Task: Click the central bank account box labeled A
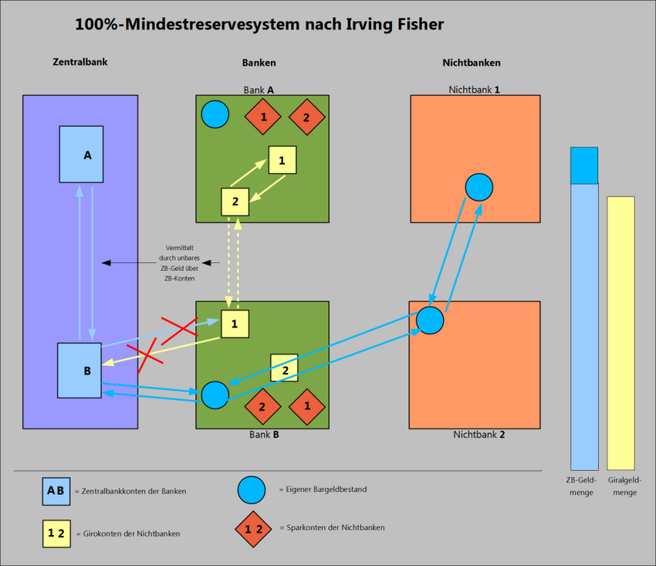coord(81,154)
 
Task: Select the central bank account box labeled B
coord(79,370)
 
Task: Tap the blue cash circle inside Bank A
coord(215,114)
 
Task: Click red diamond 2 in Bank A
coord(306,117)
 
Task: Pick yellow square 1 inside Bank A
coord(282,160)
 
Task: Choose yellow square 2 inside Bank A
coord(235,202)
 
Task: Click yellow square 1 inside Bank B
coord(235,324)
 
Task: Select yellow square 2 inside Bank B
coord(284,368)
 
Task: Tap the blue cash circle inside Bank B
coord(215,395)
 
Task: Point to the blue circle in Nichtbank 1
coord(478,187)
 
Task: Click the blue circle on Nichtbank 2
coord(430,320)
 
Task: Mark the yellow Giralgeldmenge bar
coord(620,333)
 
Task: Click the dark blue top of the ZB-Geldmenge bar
coord(584,165)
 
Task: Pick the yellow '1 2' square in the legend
coord(56,533)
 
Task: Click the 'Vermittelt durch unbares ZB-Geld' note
coord(180,263)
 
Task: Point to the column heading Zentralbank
coord(79,62)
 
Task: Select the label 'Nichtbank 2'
coord(478,435)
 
